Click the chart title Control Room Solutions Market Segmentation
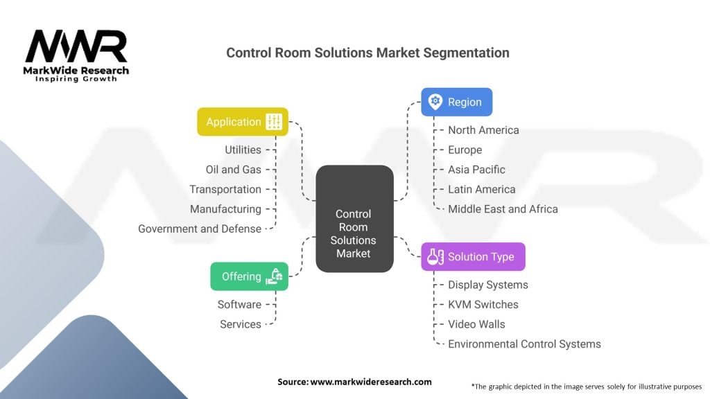click(x=367, y=53)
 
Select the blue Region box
click(x=456, y=102)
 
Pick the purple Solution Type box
click(x=473, y=257)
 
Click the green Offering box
click(x=249, y=276)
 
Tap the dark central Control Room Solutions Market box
click(x=354, y=233)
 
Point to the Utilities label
click(x=243, y=150)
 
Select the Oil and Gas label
click(x=234, y=170)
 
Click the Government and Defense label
click(x=200, y=229)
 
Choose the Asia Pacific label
click(x=476, y=170)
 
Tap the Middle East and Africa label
click(x=503, y=209)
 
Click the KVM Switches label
click(x=483, y=304)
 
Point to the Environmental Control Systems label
click(x=524, y=344)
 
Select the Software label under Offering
click(x=239, y=304)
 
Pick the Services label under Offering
click(x=241, y=324)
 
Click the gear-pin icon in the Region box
click(x=435, y=102)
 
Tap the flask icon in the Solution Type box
click(x=435, y=257)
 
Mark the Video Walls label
click(x=476, y=324)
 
